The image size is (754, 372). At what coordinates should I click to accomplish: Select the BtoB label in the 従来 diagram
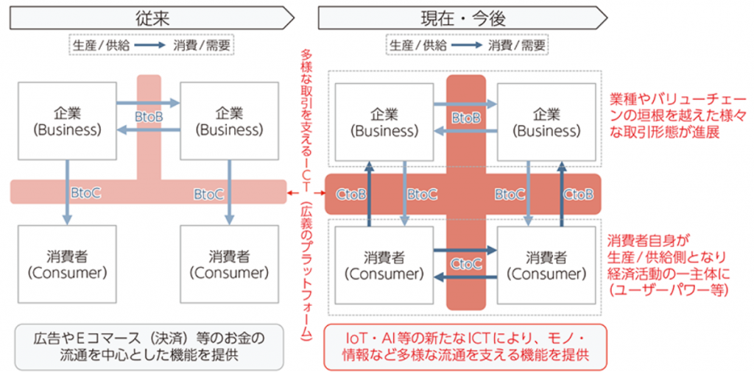click(x=149, y=117)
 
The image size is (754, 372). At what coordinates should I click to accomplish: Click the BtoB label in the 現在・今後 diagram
click(x=466, y=118)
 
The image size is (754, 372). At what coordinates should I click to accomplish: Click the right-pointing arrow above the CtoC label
click(x=465, y=251)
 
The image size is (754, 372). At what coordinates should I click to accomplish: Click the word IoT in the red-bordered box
click(x=357, y=338)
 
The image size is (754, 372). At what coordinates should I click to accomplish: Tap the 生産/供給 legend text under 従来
click(x=102, y=44)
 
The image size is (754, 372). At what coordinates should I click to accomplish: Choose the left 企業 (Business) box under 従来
click(x=67, y=121)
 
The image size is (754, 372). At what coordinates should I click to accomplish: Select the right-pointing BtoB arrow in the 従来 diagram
click(x=149, y=103)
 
